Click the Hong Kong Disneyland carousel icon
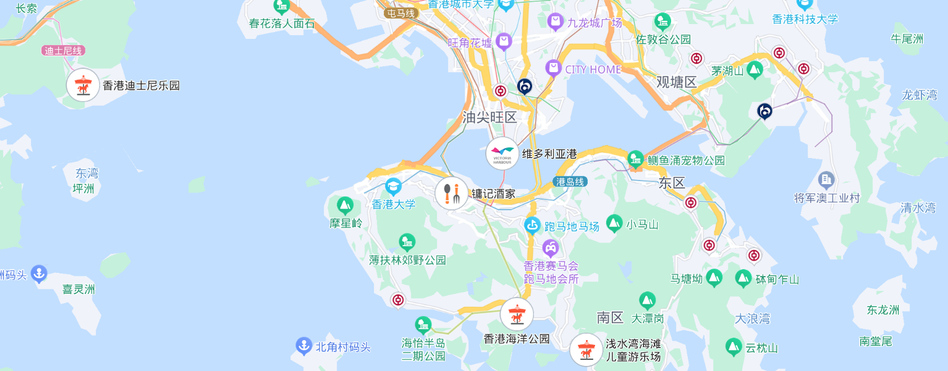[x=83, y=85]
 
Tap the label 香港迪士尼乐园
[x=141, y=86]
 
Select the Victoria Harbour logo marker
[x=502, y=154]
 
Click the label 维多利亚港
[x=549, y=154]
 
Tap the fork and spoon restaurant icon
[x=452, y=193]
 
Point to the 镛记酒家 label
[x=494, y=194]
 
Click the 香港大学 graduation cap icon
[x=394, y=186]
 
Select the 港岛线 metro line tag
[x=570, y=182]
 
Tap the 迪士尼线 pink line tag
[x=64, y=51]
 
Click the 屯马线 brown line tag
[x=400, y=13]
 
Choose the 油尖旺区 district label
[x=489, y=117]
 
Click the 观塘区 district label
[x=676, y=82]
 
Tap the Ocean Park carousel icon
[x=517, y=314]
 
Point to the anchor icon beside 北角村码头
[x=303, y=346]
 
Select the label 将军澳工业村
[x=827, y=198]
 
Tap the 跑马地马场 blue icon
[x=532, y=226]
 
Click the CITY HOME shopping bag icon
[x=553, y=69]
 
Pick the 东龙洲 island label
[x=883, y=310]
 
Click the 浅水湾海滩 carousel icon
[x=586, y=350]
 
